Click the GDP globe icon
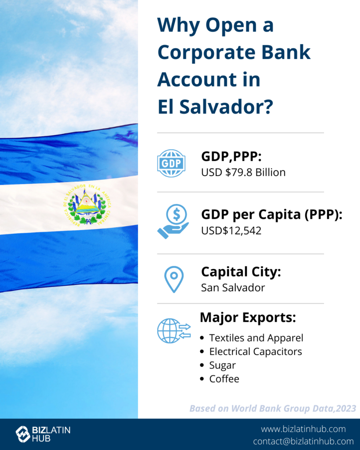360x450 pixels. [171, 163]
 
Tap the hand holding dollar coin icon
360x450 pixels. [173, 221]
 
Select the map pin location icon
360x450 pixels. [174, 279]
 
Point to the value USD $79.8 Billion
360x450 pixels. [244, 172]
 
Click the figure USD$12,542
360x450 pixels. [231, 231]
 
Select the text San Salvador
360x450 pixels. [233, 287]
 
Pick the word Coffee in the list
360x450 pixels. [224, 379]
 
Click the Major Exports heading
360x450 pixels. [248, 317]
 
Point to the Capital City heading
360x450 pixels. [241, 272]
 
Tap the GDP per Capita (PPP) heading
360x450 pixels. [272, 214]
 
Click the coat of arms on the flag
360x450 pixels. [87, 204]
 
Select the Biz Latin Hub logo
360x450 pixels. [43, 434]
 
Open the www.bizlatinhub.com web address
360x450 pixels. [303, 429]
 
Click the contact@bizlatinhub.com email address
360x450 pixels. [303, 441]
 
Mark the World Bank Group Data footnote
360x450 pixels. [273, 408]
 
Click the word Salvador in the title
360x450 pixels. [226, 106]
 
